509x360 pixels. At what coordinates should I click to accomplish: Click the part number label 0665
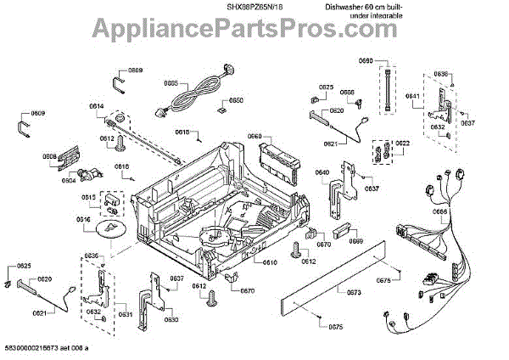point(171,83)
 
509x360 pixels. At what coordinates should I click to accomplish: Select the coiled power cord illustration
point(201,92)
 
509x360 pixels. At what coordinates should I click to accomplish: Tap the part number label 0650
point(236,100)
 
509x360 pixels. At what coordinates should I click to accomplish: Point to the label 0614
point(96,106)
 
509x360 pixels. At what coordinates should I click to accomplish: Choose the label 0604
point(68,180)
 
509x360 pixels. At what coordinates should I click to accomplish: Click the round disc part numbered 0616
point(110,229)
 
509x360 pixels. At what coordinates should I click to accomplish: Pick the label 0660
point(255,136)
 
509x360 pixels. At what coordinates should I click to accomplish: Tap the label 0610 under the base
point(269,262)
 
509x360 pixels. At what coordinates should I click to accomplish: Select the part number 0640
point(322,173)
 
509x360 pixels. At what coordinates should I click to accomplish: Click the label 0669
point(356,241)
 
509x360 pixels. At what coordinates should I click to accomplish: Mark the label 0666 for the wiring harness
point(440,211)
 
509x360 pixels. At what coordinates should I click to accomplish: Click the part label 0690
point(366,61)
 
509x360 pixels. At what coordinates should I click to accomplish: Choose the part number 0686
point(347,92)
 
